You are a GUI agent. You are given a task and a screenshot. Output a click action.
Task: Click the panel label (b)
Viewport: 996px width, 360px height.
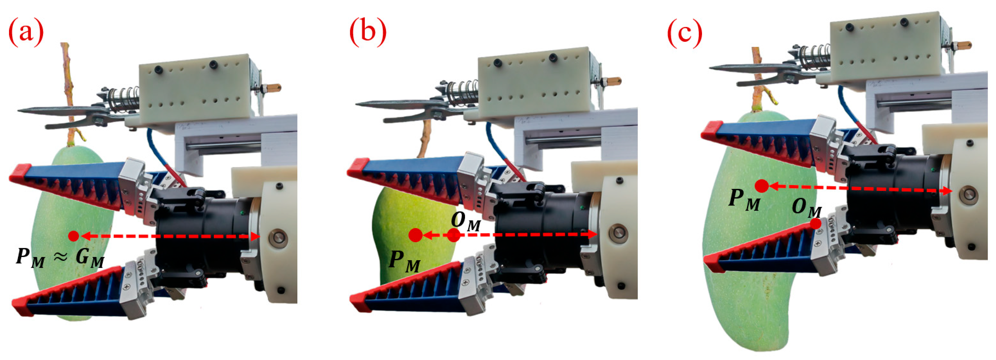point(368,33)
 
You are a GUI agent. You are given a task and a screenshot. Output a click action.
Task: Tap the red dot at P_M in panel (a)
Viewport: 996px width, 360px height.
point(74,236)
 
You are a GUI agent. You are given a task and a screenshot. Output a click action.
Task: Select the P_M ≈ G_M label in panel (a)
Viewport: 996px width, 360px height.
point(60,258)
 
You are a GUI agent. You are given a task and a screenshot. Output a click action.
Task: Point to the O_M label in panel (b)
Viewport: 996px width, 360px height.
point(466,221)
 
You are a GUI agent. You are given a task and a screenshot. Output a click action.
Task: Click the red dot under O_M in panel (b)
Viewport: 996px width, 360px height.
point(454,235)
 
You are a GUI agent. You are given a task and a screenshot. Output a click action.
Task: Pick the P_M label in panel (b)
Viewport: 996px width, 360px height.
point(404,261)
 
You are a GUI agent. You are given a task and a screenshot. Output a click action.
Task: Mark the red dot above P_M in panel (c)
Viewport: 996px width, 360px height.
point(762,186)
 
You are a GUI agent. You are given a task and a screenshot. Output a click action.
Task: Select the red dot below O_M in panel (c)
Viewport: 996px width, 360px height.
point(815,224)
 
